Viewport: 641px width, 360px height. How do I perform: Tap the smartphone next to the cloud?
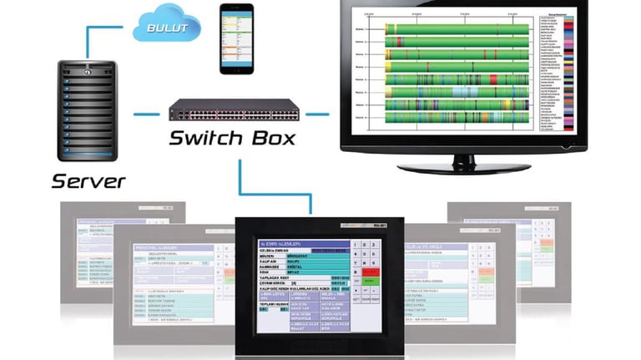coord(235,39)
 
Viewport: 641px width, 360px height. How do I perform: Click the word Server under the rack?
coord(88,180)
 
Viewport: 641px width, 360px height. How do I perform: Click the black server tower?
coord(88,109)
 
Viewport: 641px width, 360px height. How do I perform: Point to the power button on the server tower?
coord(86,72)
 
